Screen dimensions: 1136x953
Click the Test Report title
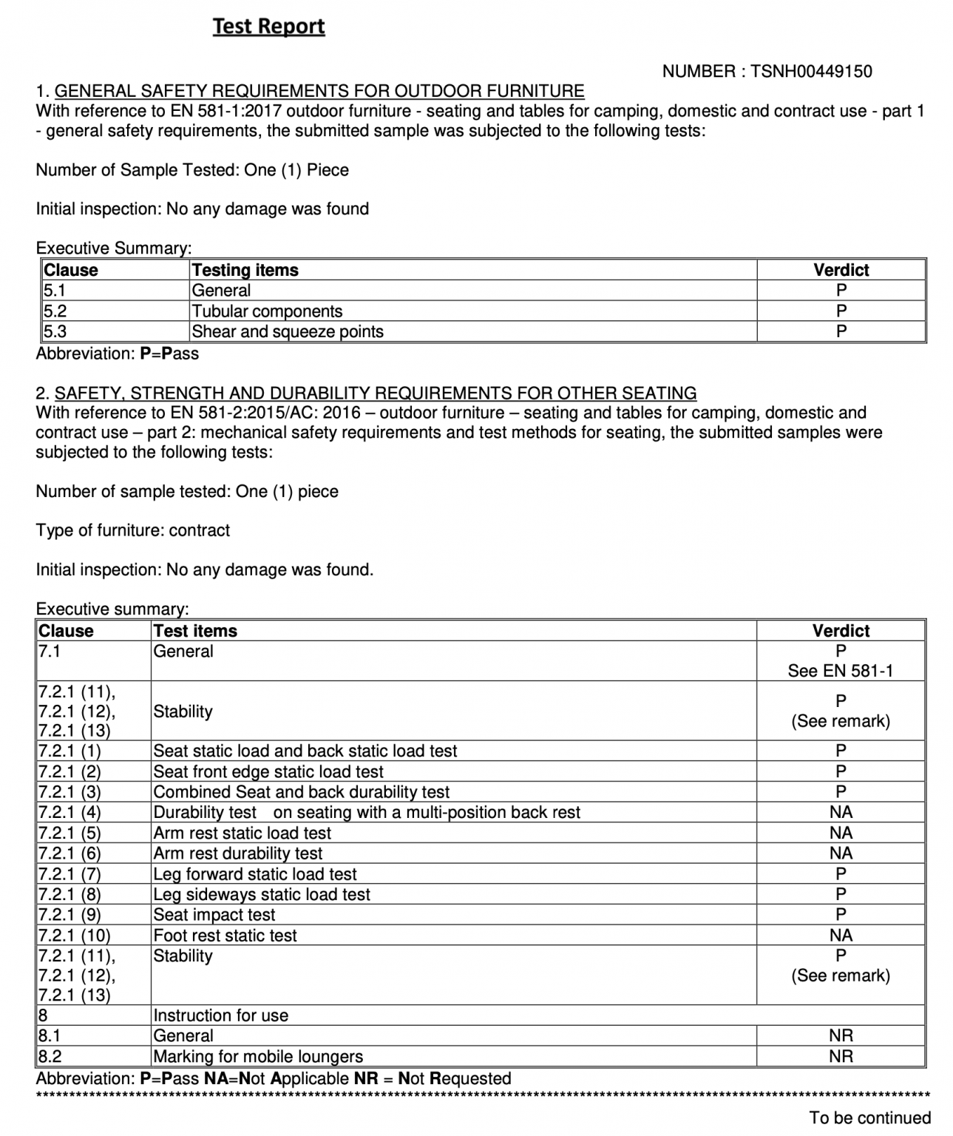pos(268,27)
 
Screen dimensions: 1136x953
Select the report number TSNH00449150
pos(811,72)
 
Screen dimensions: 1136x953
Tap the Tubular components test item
pos(267,311)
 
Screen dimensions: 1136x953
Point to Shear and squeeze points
pos(287,331)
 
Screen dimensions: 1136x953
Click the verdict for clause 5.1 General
pos(841,291)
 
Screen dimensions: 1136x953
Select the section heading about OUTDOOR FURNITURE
pos(319,91)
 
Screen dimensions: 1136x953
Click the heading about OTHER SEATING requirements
pos(375,393)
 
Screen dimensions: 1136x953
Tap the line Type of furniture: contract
pos(133,530)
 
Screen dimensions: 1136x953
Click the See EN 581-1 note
pos(840,671)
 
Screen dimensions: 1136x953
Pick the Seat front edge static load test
pos(268,771)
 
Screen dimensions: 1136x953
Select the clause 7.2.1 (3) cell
pos(69,792)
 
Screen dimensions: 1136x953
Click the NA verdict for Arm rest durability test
pos(841,853)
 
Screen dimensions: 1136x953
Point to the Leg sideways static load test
pos(261,894)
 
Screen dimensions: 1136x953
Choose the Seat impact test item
pos(214,915)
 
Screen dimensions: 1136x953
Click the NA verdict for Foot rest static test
pos(841,936)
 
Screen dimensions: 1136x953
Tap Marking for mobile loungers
pos(257,1056)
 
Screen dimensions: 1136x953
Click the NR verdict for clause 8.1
pos(841,1035)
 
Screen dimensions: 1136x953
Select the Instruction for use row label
pos(220,1015)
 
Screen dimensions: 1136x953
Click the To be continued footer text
pos(869,1118)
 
